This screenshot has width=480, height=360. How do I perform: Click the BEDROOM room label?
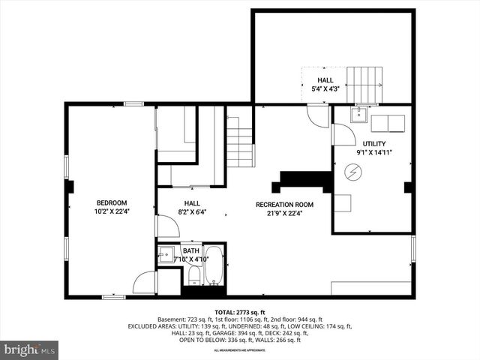[x=111, y=202]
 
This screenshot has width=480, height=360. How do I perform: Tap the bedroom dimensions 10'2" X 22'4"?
[x=111, y=211]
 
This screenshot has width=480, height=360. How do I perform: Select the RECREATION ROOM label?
[x=284, y=205]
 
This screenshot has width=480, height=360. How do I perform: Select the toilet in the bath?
[x=193, y=277]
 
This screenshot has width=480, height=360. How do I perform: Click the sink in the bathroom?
[x=166, y=256]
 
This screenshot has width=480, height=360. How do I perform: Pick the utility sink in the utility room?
[x=358, y=115]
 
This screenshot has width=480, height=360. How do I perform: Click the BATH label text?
[x=190, y=251]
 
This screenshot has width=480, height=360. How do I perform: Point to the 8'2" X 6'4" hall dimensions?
[x=193, y=212]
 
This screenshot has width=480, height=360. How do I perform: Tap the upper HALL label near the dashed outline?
[x=325, y=80]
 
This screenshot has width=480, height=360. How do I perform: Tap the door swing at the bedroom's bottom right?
[x=145, y=283]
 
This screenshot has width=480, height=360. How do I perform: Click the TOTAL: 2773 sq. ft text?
[x=239, y=311]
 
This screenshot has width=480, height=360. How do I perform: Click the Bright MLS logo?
[x=30, y=349]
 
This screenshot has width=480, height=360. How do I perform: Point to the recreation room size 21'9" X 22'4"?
[x=284, y=213]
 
